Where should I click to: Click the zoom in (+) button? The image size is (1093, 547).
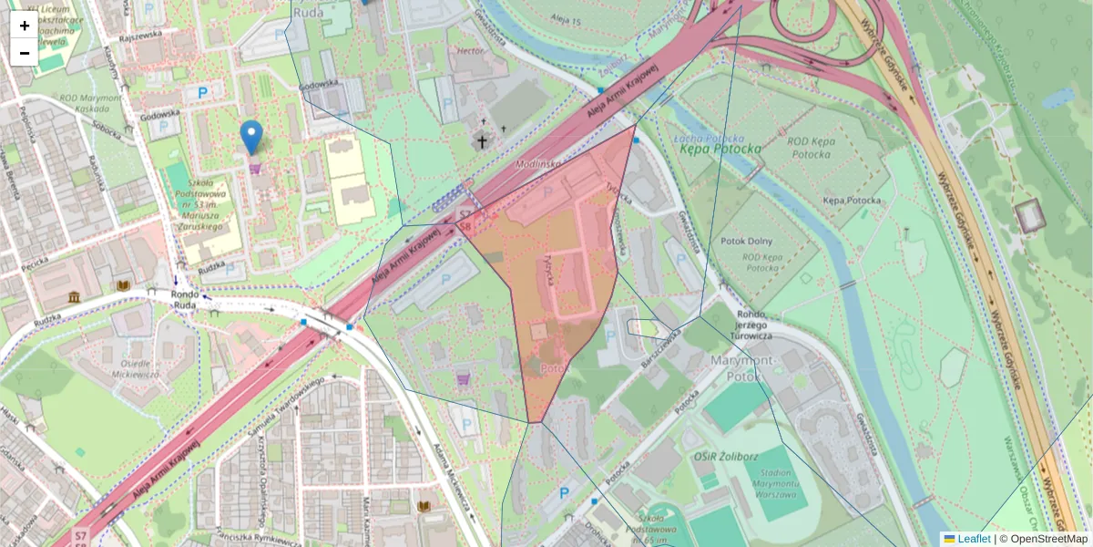click(x=25, y=26)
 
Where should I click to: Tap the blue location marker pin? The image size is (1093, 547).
click(x=251, y=138)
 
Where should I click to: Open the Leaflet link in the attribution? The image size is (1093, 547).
click(x=974, y=539)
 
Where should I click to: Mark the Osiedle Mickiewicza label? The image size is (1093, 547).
click(x=133, y=368)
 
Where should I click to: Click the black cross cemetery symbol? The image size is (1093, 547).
click(x=481, y=141)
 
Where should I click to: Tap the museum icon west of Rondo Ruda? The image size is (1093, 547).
click(x=74, y=298)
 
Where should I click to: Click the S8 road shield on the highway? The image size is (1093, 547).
click(x=465, y=224)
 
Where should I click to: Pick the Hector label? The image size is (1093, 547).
click(x=470, y=51)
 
